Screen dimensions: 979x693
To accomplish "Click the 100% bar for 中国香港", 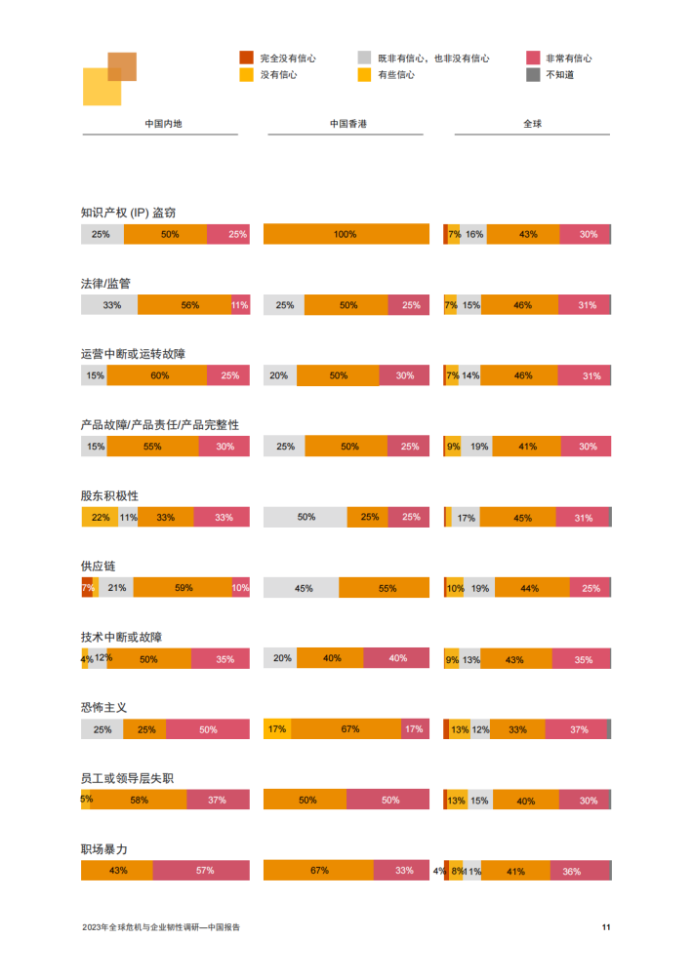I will click(x=346, y=234).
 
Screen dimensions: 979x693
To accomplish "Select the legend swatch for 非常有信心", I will click(x=533, y=58).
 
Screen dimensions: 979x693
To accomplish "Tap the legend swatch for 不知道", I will click(x=533, y=74).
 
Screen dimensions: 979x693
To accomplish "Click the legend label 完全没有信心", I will click(x=288, y=59).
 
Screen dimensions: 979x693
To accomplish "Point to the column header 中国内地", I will click(x=163, y=124).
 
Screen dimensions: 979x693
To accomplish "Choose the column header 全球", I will click(x=532, y=124).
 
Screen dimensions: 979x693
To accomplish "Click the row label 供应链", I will click(x=98, y=567).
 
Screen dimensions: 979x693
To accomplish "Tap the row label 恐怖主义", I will click(x=103, y=708).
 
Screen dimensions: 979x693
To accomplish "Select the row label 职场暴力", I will click(x=103, y=849).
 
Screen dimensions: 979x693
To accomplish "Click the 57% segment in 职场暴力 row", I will click(x=201, y=870).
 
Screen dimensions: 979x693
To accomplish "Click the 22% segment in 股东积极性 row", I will click(x=100, y=517).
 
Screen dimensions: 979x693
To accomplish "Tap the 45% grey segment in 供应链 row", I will click(x=302, y=588).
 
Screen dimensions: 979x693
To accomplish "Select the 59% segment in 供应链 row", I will click(x=183, y=588).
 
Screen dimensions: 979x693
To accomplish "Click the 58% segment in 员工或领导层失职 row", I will click(x=139, y=800).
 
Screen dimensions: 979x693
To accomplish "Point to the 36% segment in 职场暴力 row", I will click(x=572, y=871).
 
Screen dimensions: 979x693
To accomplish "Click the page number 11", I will click(x=605, y=927).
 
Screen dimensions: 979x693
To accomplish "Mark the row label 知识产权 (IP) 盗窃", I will click(x=128, y=213).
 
